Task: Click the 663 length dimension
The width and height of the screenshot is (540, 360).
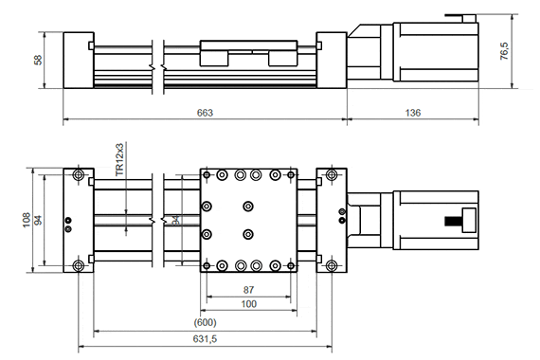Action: pyautogui.click(x=205, y=113)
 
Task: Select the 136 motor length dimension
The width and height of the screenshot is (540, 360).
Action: pyautogui.click(x=412, y=113)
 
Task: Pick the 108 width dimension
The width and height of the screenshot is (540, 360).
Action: pyautogui.click(x=27, y=220)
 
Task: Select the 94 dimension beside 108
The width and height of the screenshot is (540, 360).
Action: pyautogui.click(x=39, y=220)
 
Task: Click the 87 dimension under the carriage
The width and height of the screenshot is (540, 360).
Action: pyautogui.click(x=249, y=290)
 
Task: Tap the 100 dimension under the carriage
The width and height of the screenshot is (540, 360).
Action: pyautogui.click(x=249, y=303)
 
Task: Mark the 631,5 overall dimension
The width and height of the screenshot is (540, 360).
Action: pyautogui.click(x=206, y=338)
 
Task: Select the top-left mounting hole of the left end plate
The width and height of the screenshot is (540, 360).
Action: pyautogui.click(x=76, y=176)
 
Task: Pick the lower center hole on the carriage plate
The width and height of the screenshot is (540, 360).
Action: pyautogui.click(x=248, y=234)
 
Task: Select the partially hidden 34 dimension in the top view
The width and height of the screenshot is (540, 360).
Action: pyautogui.click(x=175, y=221)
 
